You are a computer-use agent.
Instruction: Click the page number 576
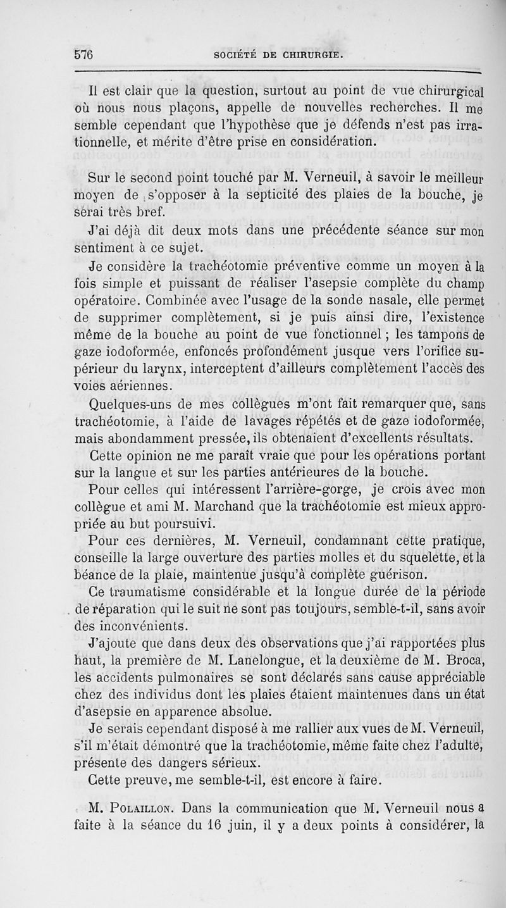coord(80,54)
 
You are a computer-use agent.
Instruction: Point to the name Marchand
coord(259,506)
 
